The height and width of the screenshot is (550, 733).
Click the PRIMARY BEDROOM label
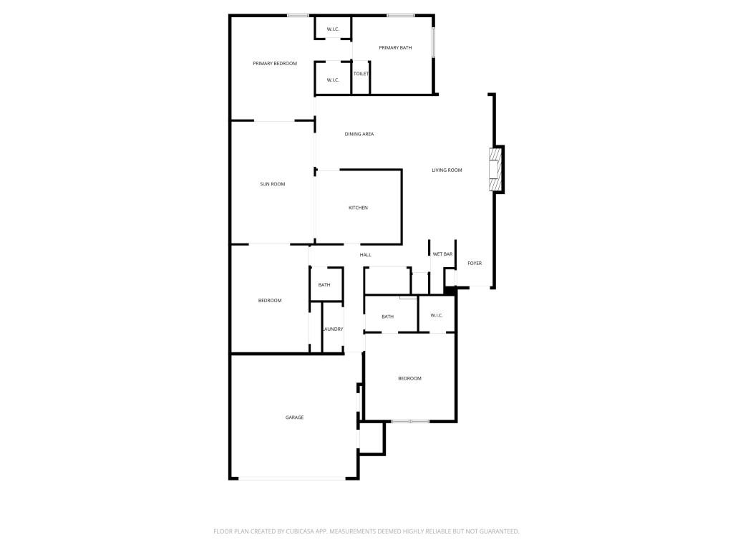pos(275,64)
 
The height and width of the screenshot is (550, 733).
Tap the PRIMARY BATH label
pos(395,48)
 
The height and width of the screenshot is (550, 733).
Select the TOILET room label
pos(361,74)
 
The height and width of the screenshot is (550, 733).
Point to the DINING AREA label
pos(359,134)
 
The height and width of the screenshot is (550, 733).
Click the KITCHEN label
pos(358,208)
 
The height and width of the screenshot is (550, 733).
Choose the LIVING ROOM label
pos(447,170)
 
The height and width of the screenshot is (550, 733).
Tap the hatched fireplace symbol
pos(494,170)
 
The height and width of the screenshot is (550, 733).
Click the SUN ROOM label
pos(272,184)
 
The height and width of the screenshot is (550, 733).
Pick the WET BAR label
pos(442,254)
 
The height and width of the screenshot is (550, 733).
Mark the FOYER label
pos(475,264)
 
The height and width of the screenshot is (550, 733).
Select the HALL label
pos(365,255)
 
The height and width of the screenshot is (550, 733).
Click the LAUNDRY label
pos(333,329)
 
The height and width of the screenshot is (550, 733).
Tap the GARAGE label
pos(294,418)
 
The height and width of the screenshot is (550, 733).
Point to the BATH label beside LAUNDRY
pos(324,285)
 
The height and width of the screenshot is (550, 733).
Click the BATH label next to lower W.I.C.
pos(387,317)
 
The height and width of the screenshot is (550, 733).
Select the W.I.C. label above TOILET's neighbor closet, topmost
pos(333,29)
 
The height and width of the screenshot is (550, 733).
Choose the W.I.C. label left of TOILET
pos(333,79)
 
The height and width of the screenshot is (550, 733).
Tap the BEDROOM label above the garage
pos(270,301)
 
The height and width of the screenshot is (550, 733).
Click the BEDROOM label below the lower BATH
pos(409,378)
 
